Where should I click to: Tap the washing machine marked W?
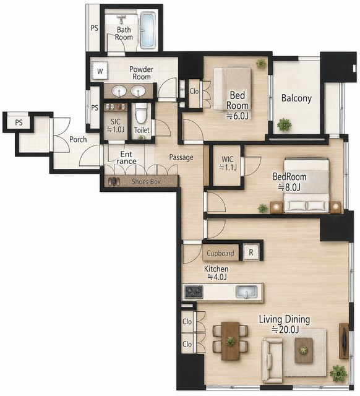click(100, 71)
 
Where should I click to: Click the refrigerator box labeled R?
click(251, 252)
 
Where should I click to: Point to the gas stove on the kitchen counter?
click(194, 291)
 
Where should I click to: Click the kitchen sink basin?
click(246, 291)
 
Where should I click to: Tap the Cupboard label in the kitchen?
click(220, 253)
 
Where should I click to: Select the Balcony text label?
click(296, 98)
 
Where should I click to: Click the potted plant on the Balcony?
click(285, 125)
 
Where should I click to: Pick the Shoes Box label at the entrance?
click(146, 181)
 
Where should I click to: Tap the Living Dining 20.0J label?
click(285, 324)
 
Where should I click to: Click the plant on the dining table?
click(231, 341)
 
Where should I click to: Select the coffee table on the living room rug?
click(304, 350)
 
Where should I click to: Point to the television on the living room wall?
click(344, 341)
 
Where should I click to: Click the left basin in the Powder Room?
click(119, 91)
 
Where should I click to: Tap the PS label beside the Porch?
click(19, 123)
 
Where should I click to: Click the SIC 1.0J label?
click(116, 126)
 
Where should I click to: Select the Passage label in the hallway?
click(181, 157)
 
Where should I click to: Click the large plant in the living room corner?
click(338, 373)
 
